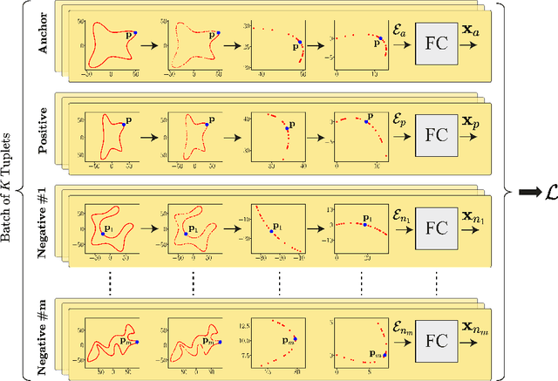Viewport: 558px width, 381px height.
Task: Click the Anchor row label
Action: coord(44,36)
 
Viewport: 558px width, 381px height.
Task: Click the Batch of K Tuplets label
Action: coord(10,189)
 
